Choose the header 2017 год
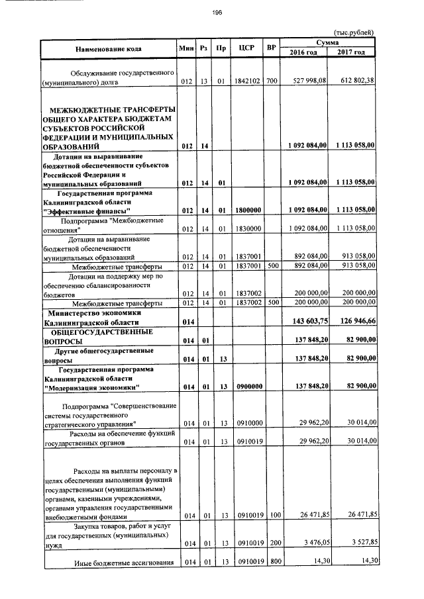pyautogui.click(x=351, y=52)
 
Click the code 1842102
pyautogui.click(x=247, y=81)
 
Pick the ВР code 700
pyautogui.click(x=271, y=81)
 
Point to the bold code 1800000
pyautogui.click(x=247, y=210)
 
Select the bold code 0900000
pyautogui.click(x=247, y=386)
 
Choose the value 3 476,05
pyautogui.click(x=313, y=543)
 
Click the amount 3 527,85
pyautogui.click(x=358, y=543)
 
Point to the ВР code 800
pyautogui.click(x=271, y=562)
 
